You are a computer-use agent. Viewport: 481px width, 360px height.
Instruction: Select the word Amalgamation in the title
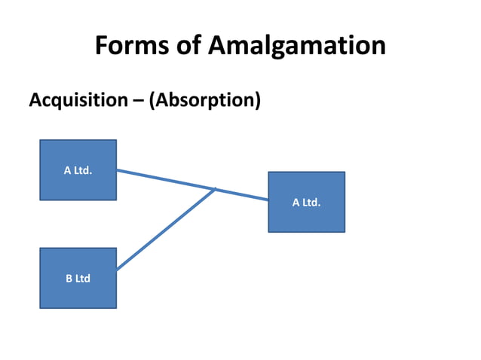point(296,47)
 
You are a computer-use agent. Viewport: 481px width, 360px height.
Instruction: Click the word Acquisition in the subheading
point(74,99)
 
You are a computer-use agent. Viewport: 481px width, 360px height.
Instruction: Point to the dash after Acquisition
point(133,100)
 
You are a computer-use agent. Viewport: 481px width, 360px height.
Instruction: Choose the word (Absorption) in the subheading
point(204,100)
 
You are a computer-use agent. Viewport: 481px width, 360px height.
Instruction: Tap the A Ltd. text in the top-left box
point(78,170)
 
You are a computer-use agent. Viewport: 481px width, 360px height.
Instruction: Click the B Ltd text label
point(78,279)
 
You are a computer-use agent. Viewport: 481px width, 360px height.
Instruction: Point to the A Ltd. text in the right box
point(306,202)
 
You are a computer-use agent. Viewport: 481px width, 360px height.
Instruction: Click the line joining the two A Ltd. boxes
point(166,179)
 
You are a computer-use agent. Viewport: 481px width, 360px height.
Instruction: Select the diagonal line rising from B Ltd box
point(166,229)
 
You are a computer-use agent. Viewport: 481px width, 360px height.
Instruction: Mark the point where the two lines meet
point(216,189)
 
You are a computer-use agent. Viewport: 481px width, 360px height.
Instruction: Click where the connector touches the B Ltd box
point(117,269)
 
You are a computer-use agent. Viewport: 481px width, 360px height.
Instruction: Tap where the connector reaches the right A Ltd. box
point(268,200)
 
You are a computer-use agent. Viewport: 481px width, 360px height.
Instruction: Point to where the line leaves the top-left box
point(117,169)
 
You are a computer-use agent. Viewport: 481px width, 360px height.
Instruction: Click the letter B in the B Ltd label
point(69,279)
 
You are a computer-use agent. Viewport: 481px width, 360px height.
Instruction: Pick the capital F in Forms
point(103,47)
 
